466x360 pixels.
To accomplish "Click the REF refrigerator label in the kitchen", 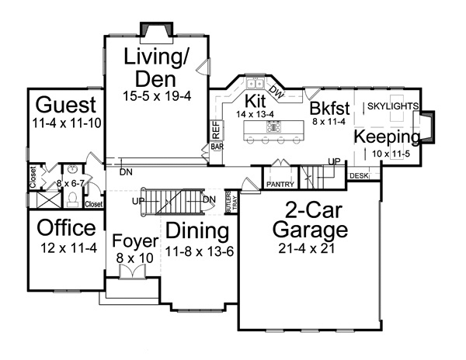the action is pos(217,130).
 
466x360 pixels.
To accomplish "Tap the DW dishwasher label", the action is pos(277,92).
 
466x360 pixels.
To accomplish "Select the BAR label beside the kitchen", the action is pos(217,147).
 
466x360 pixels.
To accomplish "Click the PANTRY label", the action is pos(280,185).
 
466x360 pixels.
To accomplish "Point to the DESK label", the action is pos(359,175).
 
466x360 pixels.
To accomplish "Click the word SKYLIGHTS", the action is pos(393,106).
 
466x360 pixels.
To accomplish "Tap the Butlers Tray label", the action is pos(231,202).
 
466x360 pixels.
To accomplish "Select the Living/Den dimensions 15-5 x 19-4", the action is pos(157,95).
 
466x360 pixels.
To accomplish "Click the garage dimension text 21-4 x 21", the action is pos(307,248).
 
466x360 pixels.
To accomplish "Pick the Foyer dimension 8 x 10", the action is pos(135,258).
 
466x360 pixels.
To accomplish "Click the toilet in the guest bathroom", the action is pos(72,199).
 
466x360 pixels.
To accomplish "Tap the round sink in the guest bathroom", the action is pos(72,169).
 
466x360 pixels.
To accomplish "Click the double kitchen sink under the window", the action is pos(256,84).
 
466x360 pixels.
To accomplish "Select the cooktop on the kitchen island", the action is pos(273,127).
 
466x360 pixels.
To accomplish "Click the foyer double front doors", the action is pos(132,272).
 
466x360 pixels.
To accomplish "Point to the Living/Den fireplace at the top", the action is pos(157,29).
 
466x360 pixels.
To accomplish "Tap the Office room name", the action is pos(67,227).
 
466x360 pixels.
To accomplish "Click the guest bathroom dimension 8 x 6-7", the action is pos(71,184).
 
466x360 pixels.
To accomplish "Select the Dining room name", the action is pos(197,230).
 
